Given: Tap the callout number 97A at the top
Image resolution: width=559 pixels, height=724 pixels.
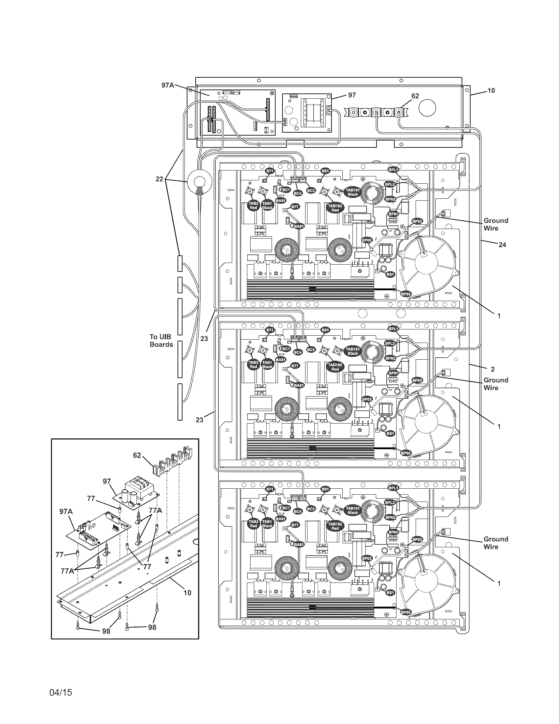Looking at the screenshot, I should click(168, 85).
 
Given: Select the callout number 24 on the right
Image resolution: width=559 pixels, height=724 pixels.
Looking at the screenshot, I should click(502, 245).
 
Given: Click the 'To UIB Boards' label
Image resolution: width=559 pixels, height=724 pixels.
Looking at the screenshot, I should click(161, 341).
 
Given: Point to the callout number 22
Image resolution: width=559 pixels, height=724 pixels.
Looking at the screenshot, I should click(159, 179).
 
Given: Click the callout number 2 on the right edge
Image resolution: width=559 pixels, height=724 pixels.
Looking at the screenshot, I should click(493, 369).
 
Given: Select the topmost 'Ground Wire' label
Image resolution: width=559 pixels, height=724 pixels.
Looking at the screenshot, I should click(496, 224).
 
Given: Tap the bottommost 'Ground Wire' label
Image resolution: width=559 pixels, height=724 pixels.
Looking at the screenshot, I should click(496, 543).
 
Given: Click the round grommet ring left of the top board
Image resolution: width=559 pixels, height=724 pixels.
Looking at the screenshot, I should click(200, 182).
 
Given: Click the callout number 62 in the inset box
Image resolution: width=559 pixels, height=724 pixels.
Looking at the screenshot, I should click(137, 455).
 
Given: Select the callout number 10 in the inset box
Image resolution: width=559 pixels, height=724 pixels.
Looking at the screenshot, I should click(187, 593).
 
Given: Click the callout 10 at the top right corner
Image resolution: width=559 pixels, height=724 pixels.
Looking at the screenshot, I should click(491, 90).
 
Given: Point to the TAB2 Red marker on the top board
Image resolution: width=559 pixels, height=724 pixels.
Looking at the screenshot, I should click(253, 205).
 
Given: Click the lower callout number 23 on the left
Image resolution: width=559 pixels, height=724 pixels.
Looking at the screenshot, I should click(199, 420).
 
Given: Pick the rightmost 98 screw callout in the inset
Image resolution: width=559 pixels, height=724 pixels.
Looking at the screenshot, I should click(152, 627).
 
